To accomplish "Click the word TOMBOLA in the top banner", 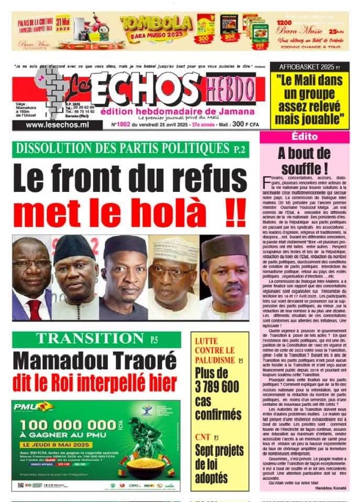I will pos(156,22).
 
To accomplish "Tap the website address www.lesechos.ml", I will pos(57,125).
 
